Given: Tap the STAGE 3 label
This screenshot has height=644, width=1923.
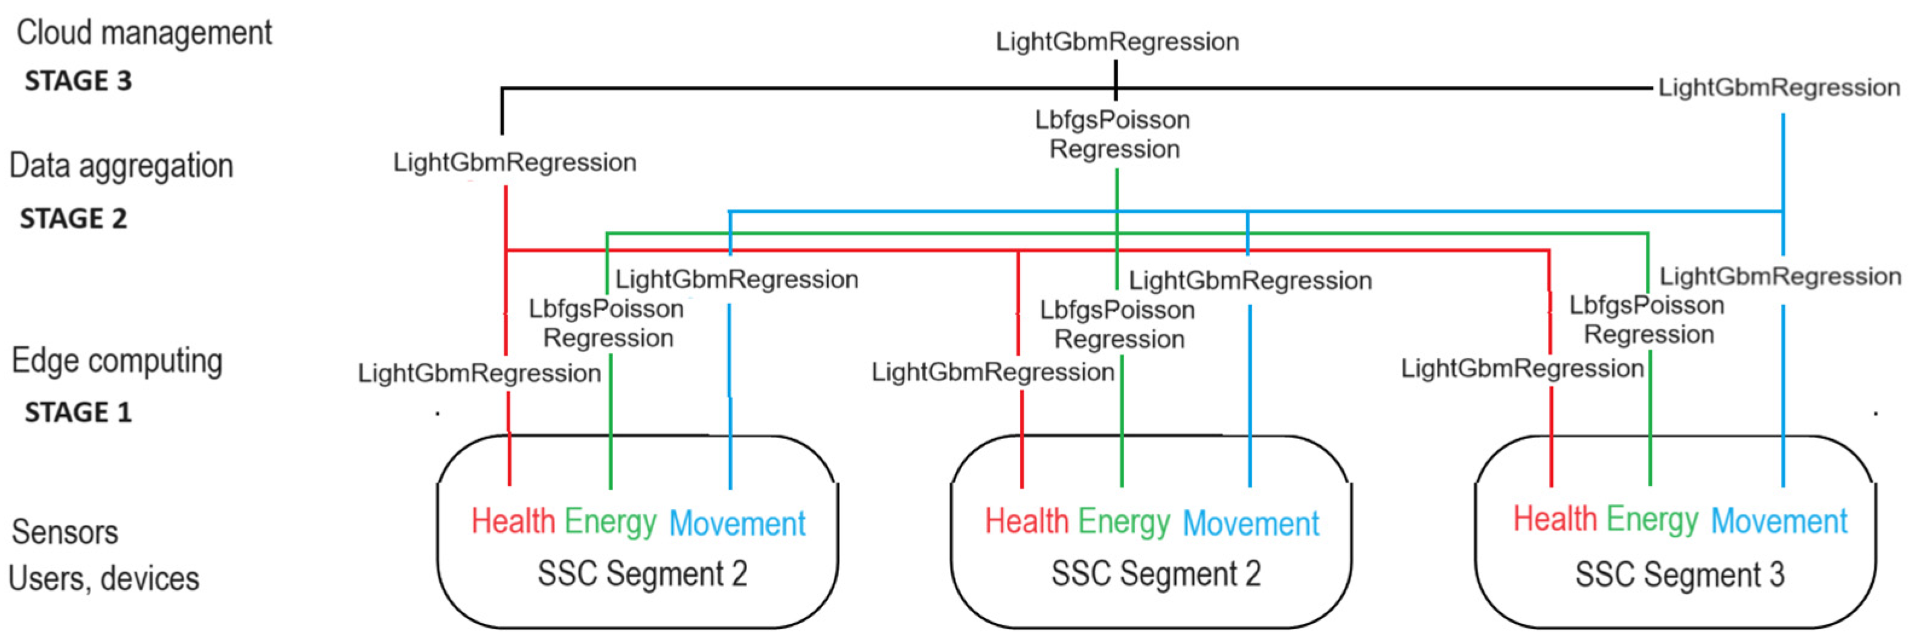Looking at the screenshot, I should [79, 81].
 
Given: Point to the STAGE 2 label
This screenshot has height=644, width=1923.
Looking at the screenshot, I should [73, 219].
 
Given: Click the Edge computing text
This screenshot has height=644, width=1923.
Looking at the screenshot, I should [117, 361].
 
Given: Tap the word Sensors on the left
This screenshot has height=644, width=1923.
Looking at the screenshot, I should [65, 533].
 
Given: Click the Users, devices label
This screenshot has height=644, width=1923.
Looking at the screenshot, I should [104, 579].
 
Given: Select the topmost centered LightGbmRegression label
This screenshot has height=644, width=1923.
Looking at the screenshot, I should [1117, 42].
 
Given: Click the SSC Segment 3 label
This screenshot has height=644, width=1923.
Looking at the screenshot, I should [1680, 575].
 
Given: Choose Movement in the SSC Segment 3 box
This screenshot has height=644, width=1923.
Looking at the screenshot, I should [1778, 521].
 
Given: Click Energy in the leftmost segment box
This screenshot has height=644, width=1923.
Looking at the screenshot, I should [610, 521].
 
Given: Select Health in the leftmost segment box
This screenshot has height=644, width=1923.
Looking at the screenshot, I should [513, 521].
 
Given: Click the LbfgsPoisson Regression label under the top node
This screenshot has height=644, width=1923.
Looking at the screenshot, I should [1113, 135].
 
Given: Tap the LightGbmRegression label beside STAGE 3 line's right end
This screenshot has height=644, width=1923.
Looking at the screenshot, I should [1778, 88].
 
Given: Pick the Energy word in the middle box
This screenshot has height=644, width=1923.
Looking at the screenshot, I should [1123, 521].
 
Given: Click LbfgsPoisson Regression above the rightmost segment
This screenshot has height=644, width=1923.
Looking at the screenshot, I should [1647, 320].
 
